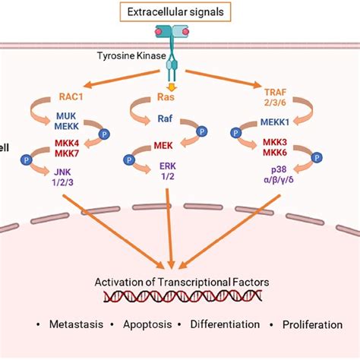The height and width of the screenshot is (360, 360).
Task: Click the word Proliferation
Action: [312, 325]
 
